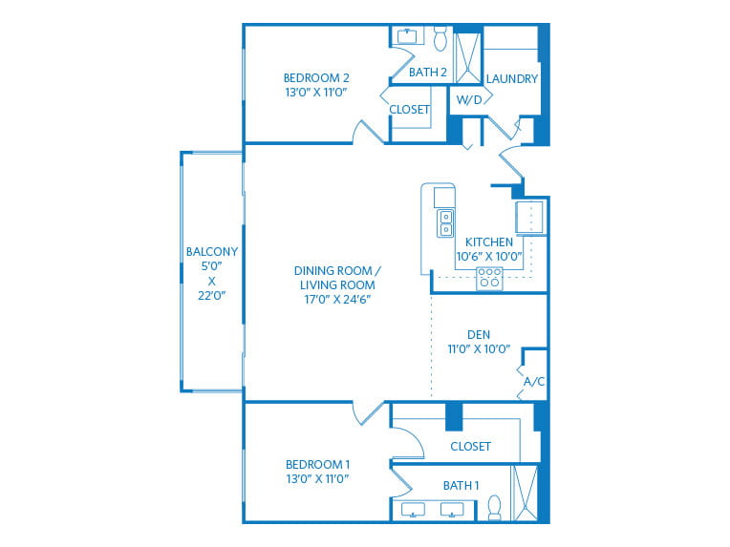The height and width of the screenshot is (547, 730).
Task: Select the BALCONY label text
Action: [211, 252]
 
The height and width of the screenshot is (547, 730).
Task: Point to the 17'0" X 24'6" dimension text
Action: [334, 299]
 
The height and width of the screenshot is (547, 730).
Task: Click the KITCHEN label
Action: [489, 242]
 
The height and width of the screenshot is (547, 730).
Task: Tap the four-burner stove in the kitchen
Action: [489, 278]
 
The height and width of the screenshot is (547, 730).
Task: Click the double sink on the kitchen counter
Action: [446, 223]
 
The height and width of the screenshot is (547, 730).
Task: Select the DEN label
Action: [479, 334]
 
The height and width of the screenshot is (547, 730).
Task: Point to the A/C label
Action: [533, 382]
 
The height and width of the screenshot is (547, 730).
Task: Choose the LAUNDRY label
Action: [511, 79]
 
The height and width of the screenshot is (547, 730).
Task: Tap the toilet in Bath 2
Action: [440, 40]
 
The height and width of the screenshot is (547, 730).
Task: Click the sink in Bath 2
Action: [408, 37]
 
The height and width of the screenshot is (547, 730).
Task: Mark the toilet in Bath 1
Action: [495, 507]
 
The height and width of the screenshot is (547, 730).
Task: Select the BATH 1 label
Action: [460, 486]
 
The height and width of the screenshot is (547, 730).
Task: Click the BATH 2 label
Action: [428, 72]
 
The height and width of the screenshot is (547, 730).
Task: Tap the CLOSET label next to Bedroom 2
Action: [409, 110]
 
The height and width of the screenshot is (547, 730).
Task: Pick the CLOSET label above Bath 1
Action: [469, 446]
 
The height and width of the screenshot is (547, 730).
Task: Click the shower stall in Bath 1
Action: [526, 493]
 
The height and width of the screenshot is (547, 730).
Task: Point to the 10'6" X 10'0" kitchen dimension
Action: [489, 256]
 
